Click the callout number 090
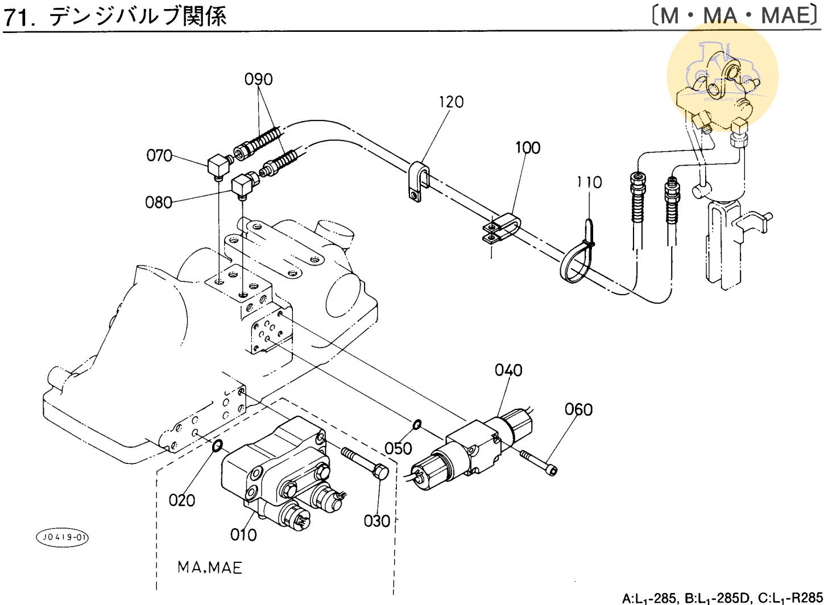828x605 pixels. [259, 79]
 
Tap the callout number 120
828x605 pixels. [451, 102]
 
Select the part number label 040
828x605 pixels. [508, 370]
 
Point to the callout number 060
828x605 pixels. [578, 409]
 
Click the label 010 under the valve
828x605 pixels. [243, 534]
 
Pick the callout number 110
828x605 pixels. [589, 183]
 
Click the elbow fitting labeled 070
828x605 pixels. [217, 167]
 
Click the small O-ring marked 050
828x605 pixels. [417, 424]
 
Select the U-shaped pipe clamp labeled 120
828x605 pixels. [419, 181]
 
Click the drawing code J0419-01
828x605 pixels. [63, 537]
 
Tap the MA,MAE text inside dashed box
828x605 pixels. [209, 567]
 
